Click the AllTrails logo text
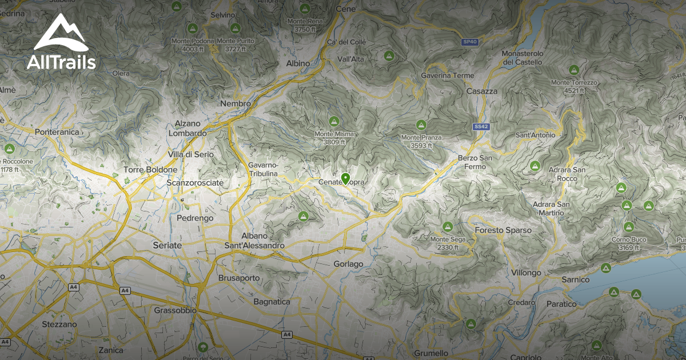pos(61,62)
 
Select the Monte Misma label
pos(334,134)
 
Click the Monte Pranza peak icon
pos(421,125)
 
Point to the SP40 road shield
pos(469,42)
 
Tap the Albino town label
pos(297,63)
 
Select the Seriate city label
pos(167,245)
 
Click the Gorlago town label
pos(348,264)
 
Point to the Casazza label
pos(482,91)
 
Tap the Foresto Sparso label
pos(503,230)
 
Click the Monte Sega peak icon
pos(447,227)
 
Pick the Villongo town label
pos(526,273)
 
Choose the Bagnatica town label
pos(272,301)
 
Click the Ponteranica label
pos(56,132)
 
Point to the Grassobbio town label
pos(176,310)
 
